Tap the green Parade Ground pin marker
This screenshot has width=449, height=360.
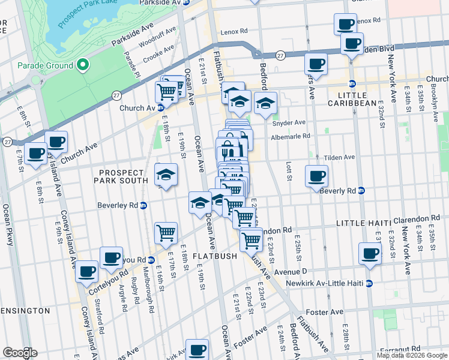coord(83,65)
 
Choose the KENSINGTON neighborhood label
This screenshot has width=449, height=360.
coord(24,311)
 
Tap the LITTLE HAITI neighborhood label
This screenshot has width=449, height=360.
coord(359,223)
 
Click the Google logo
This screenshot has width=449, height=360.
coord(20,353)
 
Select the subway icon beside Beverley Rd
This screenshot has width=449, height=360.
coord(143,205)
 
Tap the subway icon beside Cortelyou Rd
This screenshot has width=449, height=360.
coord(151,260)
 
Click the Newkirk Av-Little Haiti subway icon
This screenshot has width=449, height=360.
coord(369,283)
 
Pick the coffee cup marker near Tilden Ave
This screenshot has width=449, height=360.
coord(316,176)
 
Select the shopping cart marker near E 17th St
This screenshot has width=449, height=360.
coord(166,233)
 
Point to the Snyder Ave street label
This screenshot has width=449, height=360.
coord(289,123)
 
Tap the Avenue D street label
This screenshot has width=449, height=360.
coord(291,271)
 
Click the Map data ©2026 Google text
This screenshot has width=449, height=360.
coord(411,355)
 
